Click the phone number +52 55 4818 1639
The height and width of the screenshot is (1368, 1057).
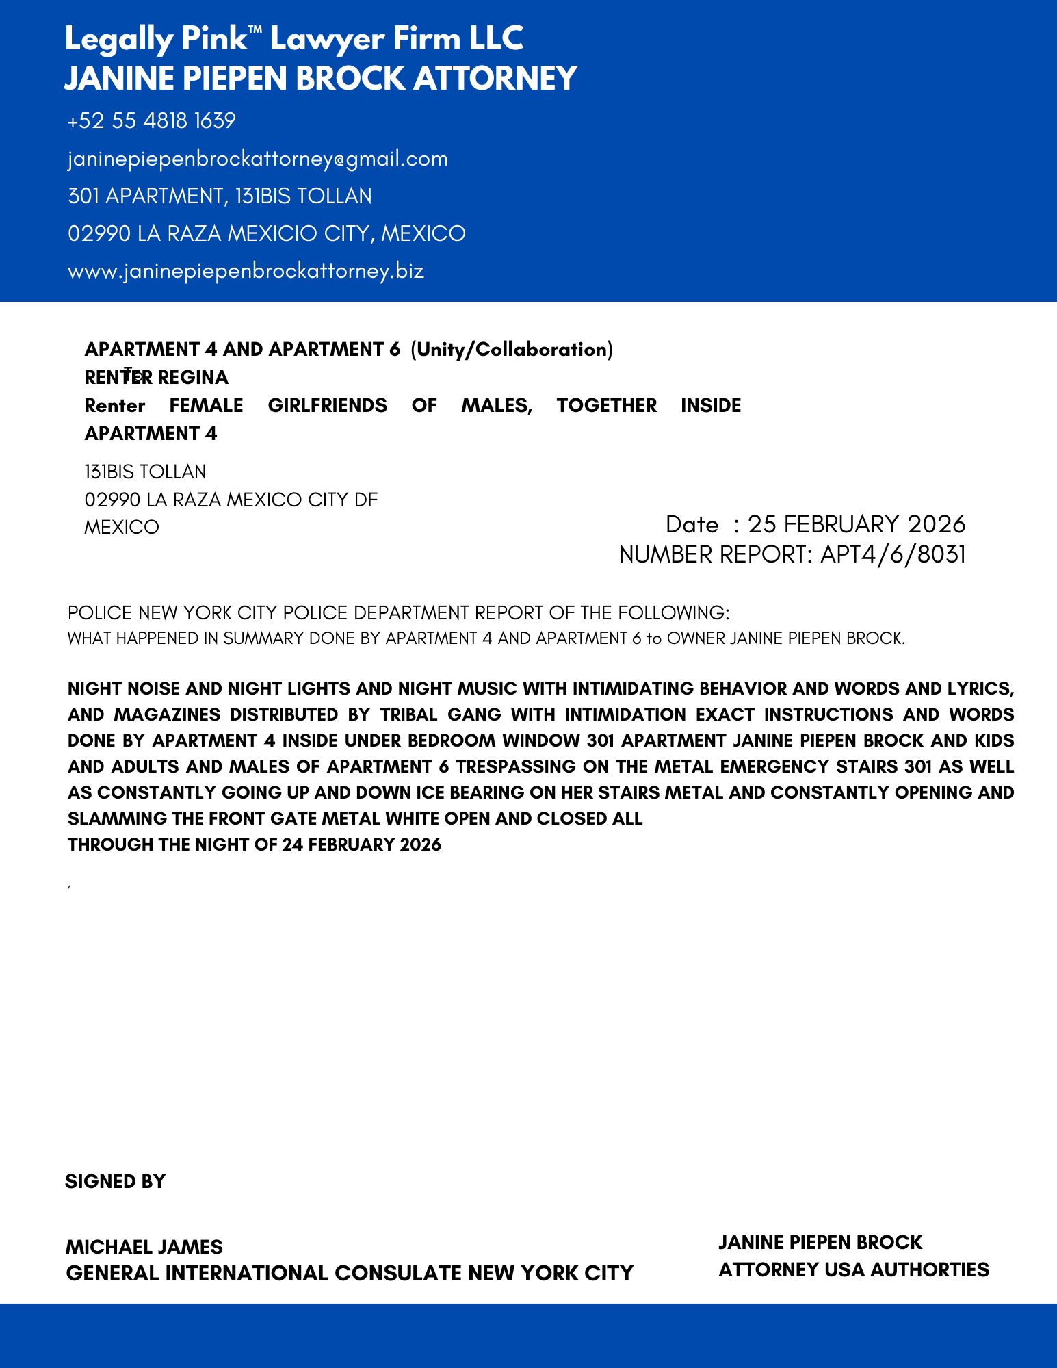pyautogui.click(x=151, y=121)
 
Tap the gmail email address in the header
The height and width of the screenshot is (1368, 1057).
pyautogui.click(x=257, y=159)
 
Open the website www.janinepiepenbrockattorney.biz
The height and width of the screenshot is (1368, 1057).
pyautogui.click(x=246, y=271)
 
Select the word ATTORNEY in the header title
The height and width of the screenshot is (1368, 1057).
pyautogui.click(x=495, y=78)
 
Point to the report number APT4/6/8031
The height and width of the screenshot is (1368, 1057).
pyautogui.click(x=893, y=554)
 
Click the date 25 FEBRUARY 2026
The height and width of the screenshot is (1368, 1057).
pyautogui.click(x=856, y=524)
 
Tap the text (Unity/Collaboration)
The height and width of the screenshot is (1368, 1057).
pyautogui.click(x=511, y=350)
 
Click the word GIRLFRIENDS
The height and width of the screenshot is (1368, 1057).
pyautogui.click(x=327, y=406)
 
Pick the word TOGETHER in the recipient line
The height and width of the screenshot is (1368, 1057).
pyautogui.click(x=606, y=406)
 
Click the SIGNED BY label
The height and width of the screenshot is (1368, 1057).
pyautogui.click(x=115, y=1182)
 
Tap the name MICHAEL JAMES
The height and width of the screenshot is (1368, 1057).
pyautogui.click(x=144, y=1247)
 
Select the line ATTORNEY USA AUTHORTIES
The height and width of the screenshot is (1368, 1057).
pyautogui.click(x=853, y=1270)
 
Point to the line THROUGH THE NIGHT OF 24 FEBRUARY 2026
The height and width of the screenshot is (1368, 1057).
pyautogui.click(x=254, y=845)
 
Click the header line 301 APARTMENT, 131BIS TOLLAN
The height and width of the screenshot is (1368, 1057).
pyautogui.click(x=220, y=196)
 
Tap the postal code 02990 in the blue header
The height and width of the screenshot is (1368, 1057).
pyautogui.click(x=99, y=234)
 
